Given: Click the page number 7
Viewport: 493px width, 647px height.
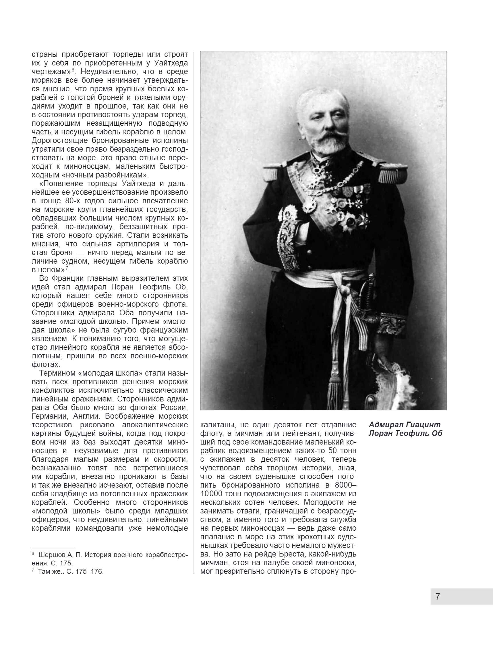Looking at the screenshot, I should coord(438,596).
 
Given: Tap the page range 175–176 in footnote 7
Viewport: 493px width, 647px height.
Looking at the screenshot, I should coord(89,571).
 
